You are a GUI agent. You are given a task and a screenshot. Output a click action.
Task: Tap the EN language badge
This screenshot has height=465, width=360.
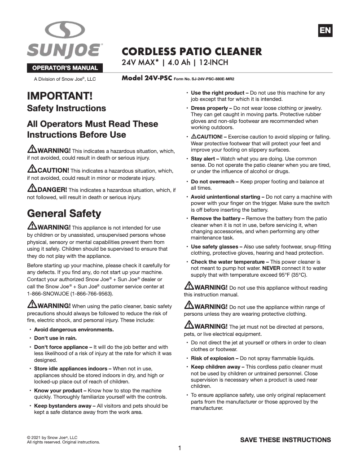[x=325, y=30]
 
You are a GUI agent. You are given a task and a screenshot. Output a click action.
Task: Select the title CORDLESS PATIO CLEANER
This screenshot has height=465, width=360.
[x=192, y=51]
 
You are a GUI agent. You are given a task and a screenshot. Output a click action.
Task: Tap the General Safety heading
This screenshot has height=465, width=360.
[x=64, y=213]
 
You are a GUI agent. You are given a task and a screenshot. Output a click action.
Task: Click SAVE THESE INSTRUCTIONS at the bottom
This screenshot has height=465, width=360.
[x=285, y=440]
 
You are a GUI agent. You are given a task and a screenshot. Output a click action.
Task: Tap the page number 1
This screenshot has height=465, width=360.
[x=180, y=448]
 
